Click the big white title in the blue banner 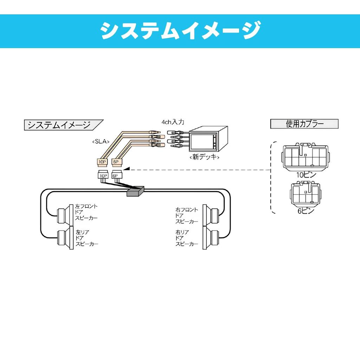point(180,31)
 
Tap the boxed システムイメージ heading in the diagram point(64,125)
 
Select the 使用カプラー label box point(304,124)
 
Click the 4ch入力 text point(173,122)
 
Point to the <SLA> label point(101,141)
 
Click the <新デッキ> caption point(204,157)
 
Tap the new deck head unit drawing point(208,139)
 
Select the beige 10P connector point(102,162)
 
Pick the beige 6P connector point(117,162)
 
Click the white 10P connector point(103,175)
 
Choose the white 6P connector point(117,175)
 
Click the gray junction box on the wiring point(135,191)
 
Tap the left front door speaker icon point(65,214)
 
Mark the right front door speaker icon point(211,214)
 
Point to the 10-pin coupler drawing point(306,157)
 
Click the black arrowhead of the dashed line point(127,169)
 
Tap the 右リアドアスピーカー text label point(187,238)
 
